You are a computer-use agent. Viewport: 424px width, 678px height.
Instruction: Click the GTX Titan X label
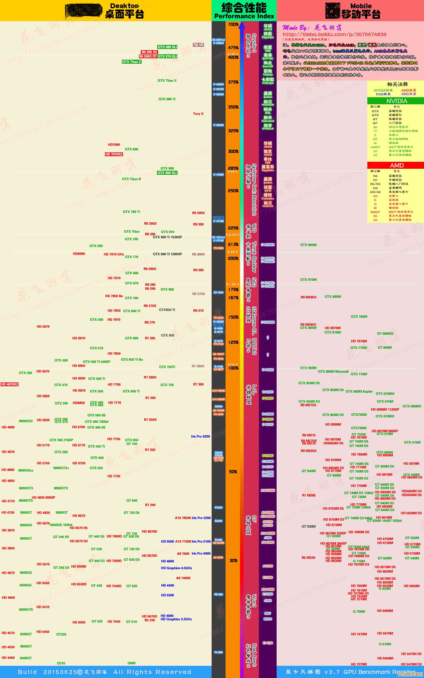click(167, 80)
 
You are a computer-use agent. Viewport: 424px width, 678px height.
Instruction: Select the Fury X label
click(198, 114)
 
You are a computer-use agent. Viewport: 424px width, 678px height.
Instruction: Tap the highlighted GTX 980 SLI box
click(167, 47)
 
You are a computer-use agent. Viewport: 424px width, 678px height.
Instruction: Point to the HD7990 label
click(114, 145)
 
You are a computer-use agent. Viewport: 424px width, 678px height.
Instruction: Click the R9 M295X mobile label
click(309, 297)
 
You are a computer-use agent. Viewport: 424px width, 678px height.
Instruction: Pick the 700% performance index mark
click(233, 24)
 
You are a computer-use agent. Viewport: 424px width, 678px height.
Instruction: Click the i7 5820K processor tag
click(218, 125)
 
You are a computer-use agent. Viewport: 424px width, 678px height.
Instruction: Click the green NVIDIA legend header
click(396, 101)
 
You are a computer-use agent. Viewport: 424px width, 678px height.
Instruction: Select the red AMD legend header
click(396, 165)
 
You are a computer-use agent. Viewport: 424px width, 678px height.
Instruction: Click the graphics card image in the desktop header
click(83, 11)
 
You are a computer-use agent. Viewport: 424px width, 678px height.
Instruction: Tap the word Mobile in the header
click(361, 6)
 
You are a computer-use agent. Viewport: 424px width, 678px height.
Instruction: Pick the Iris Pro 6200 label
click(200, 436)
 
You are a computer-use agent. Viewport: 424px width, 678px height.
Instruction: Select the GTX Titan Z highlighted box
click(131, 62)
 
